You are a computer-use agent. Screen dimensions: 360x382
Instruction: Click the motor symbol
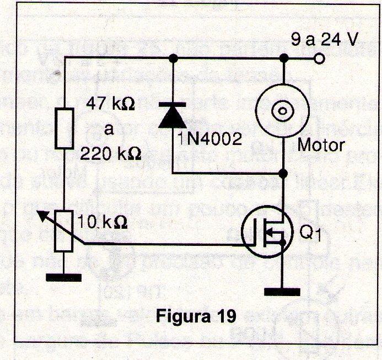283,110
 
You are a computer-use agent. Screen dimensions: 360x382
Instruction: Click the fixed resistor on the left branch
64,127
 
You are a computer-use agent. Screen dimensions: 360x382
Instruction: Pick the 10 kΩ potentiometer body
64,232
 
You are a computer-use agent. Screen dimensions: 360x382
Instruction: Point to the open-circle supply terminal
318,58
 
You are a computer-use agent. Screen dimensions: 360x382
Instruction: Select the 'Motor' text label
321,146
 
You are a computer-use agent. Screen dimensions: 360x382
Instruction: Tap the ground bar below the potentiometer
64,277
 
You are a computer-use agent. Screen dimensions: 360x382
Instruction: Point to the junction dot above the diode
174,58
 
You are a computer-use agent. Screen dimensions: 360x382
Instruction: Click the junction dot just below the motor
283,174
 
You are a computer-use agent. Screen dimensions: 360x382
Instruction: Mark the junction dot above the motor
283,58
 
